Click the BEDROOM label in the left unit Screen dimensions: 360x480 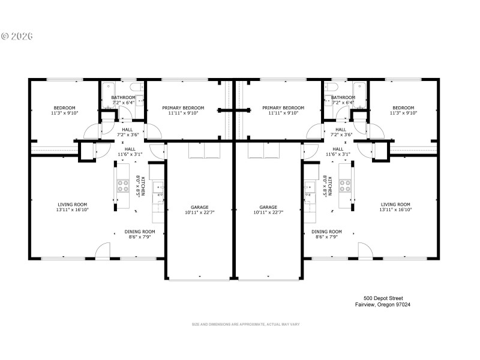(64, 108)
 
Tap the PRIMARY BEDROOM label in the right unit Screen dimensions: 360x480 (283, 108)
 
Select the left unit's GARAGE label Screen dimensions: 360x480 (200, 207)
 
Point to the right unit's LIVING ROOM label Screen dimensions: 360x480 (395, 205)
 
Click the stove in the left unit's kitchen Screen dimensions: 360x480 (123, 186)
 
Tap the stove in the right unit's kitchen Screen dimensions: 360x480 (345, 186)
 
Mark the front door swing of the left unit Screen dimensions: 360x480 (103, 251)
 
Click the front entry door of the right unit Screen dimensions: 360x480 (365, 251)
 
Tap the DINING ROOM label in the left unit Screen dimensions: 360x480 (140, 232)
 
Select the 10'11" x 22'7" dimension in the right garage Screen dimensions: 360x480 (268, 212)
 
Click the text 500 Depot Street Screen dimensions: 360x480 (383, 298)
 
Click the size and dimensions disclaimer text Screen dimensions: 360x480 (245, 325)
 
